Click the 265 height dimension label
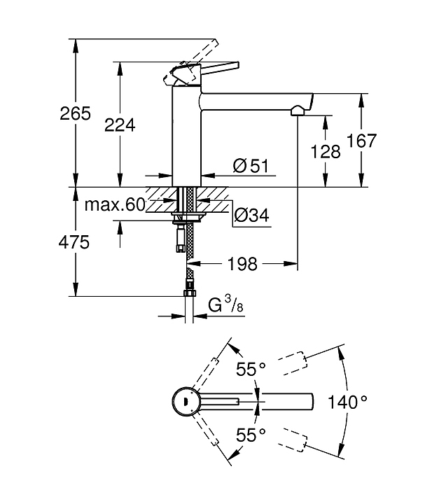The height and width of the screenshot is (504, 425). tap(76, 113)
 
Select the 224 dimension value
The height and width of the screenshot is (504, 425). tap(120, 125)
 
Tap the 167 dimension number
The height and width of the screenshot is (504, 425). tap(361, 141)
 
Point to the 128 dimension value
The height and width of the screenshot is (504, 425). tap(326, 151)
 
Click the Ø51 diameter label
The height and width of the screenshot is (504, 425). tap(251, 166)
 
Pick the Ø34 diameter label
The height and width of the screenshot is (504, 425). tap(252, 215)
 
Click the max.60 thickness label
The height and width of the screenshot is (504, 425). tap(115, 204)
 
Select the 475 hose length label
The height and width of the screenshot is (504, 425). tap(74, 242)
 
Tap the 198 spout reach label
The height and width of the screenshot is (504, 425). tap(242, 264)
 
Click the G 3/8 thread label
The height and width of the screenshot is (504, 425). tap(225, 304)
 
